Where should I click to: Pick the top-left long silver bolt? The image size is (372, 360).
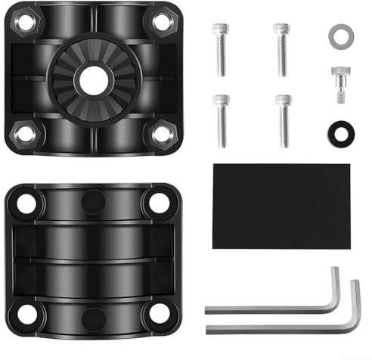(x=220, y=48)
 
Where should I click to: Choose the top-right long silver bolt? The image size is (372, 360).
(x=281, y=48)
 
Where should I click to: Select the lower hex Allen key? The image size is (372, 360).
(x=280, y=326)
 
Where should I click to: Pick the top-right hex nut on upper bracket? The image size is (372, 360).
(x=162, y=22)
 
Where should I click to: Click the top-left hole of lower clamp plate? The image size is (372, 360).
(x=27, y=203)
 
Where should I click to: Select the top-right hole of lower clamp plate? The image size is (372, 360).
(x=159, y=202)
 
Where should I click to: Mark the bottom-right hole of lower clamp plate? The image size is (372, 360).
(x=159, y=312)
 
